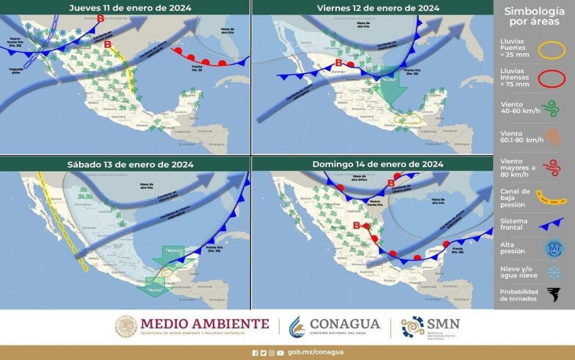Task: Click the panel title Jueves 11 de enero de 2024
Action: point(130,8)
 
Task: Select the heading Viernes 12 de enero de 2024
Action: point(378,8)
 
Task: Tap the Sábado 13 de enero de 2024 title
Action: point(130,164)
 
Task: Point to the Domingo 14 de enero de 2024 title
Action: point(378,164)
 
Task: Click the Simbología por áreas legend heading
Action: point(533,16)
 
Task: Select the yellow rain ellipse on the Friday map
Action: point(408,119)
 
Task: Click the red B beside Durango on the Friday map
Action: point(339,63)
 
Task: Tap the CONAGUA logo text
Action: point(345,324)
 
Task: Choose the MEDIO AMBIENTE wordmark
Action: point(204,323)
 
